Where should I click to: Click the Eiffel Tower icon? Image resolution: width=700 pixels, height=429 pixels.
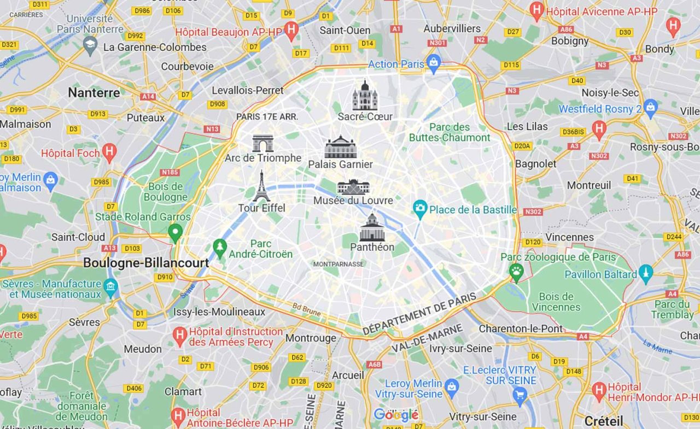(x=261, y=186)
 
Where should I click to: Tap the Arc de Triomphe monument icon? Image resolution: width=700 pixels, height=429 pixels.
(x=262, y=144)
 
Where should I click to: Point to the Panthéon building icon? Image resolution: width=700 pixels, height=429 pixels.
(x=372, y=228)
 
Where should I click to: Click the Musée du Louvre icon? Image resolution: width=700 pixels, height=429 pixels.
(x=353, y=187)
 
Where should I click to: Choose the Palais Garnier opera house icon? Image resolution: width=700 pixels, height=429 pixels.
(x=340, y=147)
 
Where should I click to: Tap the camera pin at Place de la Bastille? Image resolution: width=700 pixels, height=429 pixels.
(x=420, y=209)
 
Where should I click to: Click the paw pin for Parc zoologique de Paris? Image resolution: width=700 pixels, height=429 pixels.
(x=516, y=271)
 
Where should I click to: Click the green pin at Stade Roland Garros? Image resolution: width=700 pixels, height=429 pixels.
(x=175, y=233)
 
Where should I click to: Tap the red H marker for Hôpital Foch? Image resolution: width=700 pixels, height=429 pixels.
(x=109, y=152)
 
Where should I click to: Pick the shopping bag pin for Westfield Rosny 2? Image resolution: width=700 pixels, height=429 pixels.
(x=650, y=108)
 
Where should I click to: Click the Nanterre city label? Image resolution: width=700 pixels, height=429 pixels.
(x=94, y=93)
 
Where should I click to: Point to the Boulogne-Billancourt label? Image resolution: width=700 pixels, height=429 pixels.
(x=146, y=263)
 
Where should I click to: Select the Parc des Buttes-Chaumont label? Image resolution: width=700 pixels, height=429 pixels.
(x=450, y=132)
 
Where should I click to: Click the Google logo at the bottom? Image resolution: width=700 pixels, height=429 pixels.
(x=396, y=415)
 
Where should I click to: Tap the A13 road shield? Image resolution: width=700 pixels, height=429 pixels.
(x=109, y=248)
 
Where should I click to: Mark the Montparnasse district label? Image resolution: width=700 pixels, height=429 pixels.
(x=338, y=264)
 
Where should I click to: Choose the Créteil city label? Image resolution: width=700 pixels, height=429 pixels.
(x=604, y=421)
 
